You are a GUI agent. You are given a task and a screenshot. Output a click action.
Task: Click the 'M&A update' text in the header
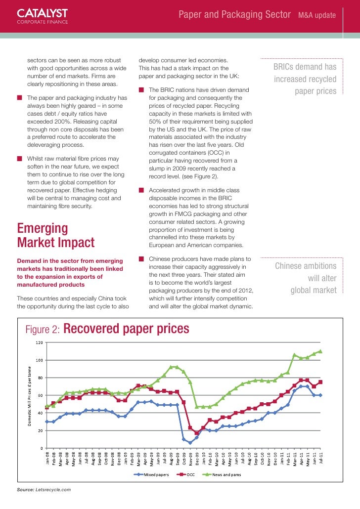[x=317, y=16]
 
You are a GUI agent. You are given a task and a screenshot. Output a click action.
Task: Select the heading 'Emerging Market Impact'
[x=55, y=236]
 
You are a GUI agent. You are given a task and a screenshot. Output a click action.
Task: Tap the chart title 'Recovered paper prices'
[x=127, y=329]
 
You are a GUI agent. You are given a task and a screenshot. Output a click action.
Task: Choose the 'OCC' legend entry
[x=190, y=475]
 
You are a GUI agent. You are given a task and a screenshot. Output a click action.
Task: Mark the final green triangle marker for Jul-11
[x=320, y=351]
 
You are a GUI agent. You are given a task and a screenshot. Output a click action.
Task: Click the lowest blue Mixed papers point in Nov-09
[x=190, y=443]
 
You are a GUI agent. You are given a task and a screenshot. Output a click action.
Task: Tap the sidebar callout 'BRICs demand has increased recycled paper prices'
[x=305, y=79]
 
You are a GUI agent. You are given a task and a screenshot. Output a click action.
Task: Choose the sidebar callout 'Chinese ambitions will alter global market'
[x=306, y=278]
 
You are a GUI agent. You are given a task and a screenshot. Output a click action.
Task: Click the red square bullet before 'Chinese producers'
[x=141, y=259]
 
